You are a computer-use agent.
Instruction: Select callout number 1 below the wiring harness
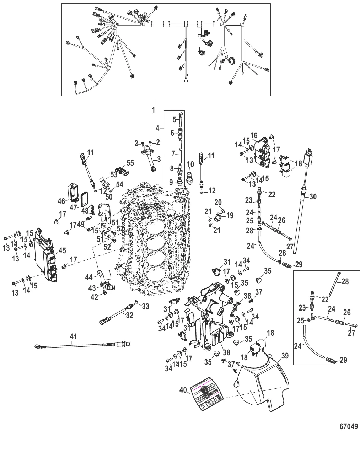click(x=154, y=110)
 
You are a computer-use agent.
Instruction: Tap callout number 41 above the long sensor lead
click(x=73, y=336)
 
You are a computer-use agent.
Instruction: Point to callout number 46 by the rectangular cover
click(x=61, y=201)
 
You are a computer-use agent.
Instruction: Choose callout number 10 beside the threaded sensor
click(x=190, y=164)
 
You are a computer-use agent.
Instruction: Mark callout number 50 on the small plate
click(x=109, y=197)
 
